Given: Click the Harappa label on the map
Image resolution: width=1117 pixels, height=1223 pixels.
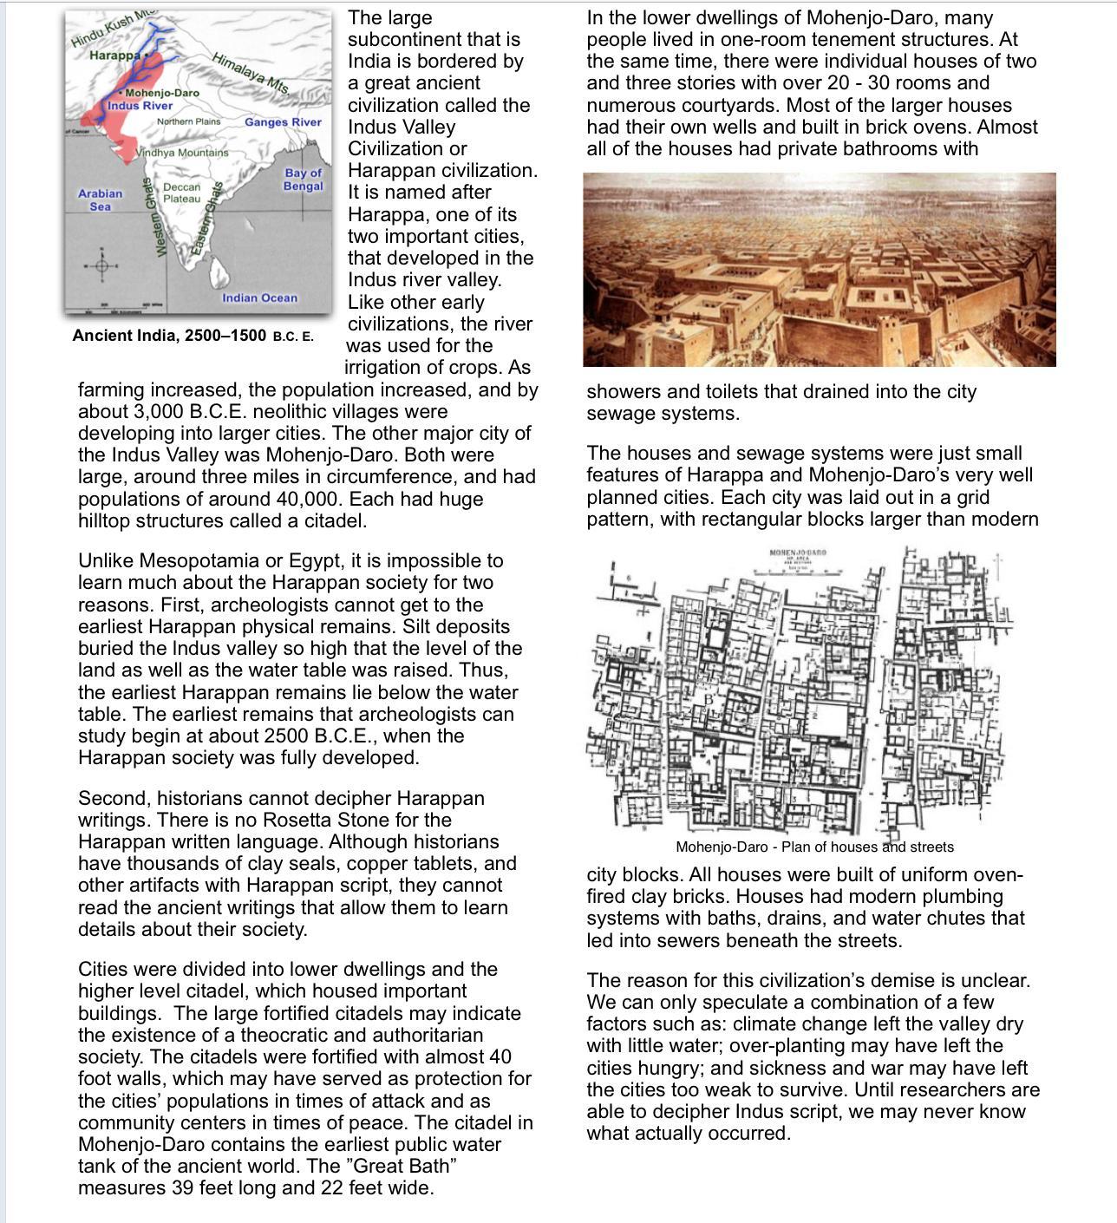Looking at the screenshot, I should [114, 56].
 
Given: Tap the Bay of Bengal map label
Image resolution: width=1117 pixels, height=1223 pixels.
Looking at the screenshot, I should [303, 180].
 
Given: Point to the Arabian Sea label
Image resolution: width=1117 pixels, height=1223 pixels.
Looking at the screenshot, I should [100, 199].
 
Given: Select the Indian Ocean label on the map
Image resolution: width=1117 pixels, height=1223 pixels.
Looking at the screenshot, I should [259, 298].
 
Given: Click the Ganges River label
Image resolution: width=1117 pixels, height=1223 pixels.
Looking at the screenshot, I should [283, 122].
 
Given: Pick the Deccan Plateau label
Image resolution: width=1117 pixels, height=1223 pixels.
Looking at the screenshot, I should [181, 193].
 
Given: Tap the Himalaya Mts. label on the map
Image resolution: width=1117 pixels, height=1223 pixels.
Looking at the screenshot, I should [251, 73].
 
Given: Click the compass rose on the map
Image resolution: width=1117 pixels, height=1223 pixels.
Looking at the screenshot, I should [101, 266].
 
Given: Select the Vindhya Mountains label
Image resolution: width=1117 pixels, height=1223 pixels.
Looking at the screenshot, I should [184, 153].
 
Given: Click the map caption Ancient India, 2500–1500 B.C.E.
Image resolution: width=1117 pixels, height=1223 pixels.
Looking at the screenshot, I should [193, 336].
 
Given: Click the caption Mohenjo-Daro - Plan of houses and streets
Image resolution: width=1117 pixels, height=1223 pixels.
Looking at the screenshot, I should [814, 847].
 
